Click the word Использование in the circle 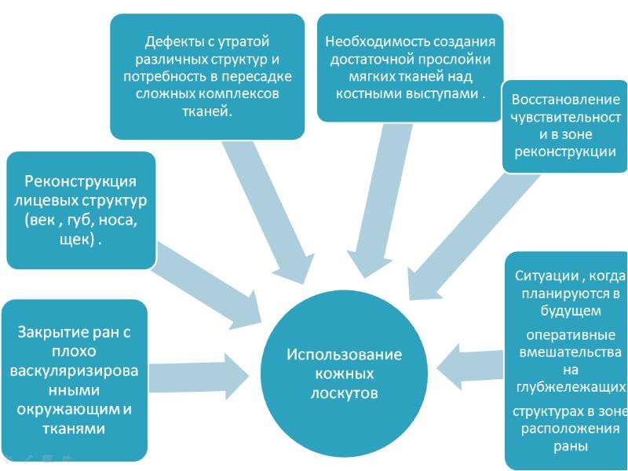click(x=344, y=355)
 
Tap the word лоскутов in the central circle click(x=344, y=393)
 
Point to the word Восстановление click(x=565, y=100)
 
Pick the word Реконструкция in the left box click(x=81, y=181)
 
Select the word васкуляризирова click(x=74, y=371)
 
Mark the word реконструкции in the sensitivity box click(x=565, y=152)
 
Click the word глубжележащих click(x=571, y=388)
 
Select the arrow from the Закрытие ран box click(x=199, y=377)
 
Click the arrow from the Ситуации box click(x=469, y=367)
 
